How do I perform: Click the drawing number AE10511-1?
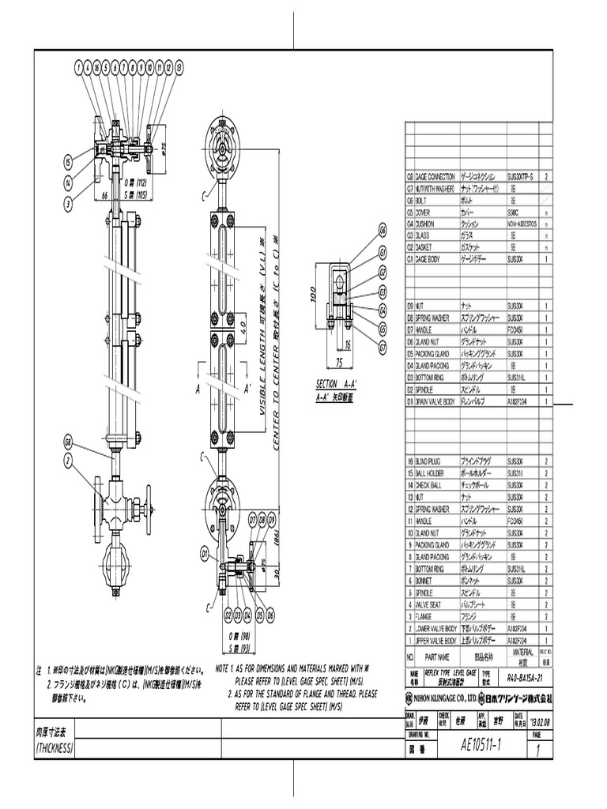(x=488, y=745)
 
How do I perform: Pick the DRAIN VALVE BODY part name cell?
(x=432, y=402)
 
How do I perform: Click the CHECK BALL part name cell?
(x=432, y=485)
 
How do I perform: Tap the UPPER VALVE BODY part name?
(x=432, y=640)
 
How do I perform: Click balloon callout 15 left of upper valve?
(x=69, y=162)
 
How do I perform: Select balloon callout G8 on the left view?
(x=69, y=441)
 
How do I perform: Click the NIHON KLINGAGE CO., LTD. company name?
(x=440, y=698)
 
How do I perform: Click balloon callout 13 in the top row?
(x=180, y=69)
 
